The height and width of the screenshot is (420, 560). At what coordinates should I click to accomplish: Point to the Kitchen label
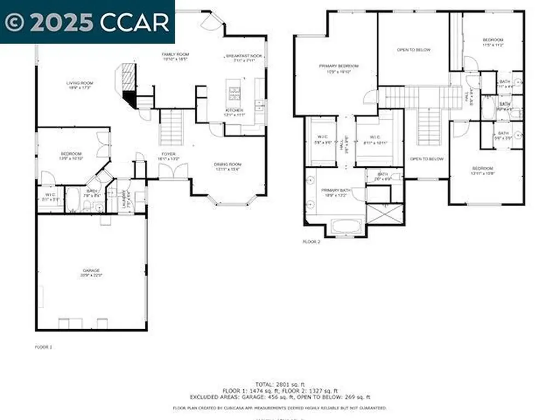tap(234, 112)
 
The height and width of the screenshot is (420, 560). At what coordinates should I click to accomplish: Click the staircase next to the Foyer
tap(171, 127)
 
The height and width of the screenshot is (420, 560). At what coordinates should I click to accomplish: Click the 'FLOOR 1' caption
tap(43, 347)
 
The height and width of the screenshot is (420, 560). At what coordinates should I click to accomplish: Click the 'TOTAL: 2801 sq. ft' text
tap(279, 384)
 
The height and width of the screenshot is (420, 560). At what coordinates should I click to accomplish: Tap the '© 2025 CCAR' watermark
tap(87, 21)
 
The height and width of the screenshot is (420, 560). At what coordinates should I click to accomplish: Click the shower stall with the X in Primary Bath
tap(384, 213)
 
